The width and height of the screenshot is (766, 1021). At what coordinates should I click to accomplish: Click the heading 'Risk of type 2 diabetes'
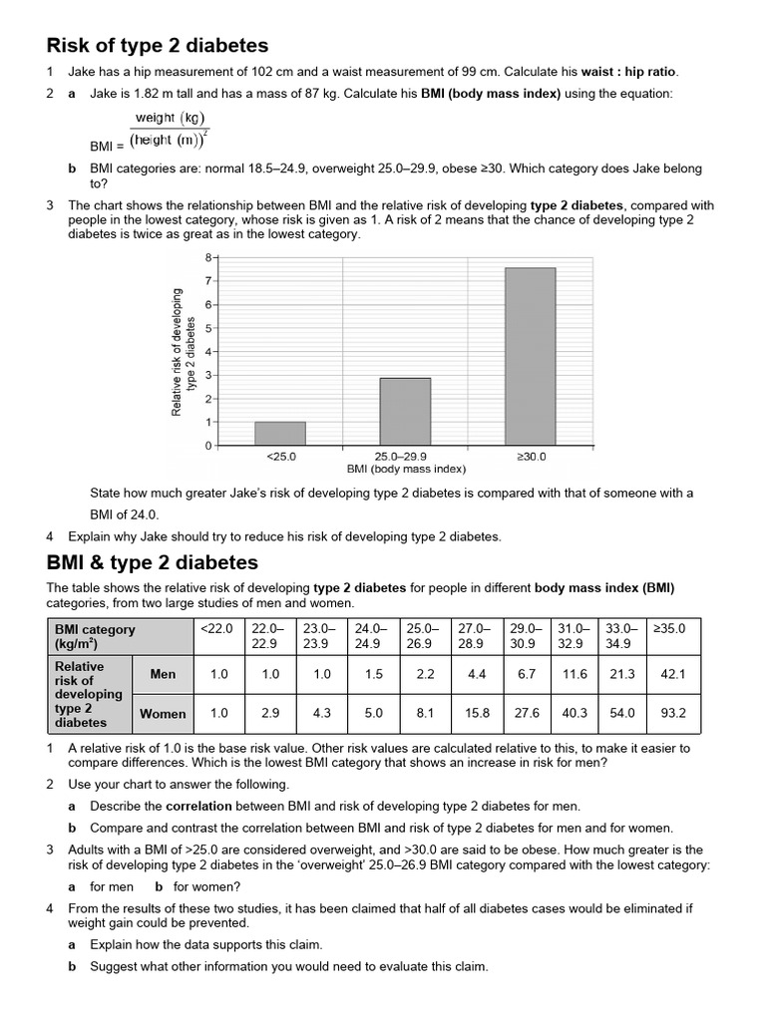point(158,45)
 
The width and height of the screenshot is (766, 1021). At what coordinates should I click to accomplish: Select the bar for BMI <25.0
point(280,433)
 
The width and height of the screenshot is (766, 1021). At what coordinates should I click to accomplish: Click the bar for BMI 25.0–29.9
point(405,411)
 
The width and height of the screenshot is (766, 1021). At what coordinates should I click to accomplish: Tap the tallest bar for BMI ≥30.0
point(531,356)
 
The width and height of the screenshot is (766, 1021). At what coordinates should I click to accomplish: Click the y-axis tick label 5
point(208,328)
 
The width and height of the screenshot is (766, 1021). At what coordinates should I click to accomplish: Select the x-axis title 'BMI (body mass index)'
point(406,469)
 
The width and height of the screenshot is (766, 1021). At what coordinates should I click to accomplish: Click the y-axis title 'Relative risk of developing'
point(178,352)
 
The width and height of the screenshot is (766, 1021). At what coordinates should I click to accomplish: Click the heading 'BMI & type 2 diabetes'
point(152,562)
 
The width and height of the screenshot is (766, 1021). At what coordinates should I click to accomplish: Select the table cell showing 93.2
point(674,713)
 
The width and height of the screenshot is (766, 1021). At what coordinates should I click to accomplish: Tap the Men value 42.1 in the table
point(674,674)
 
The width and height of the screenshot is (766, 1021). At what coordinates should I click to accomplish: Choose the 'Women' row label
point(163,713)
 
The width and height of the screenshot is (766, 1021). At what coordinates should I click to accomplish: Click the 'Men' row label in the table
point(163,674)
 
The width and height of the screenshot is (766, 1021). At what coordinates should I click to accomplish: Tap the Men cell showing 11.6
point(575,674)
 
